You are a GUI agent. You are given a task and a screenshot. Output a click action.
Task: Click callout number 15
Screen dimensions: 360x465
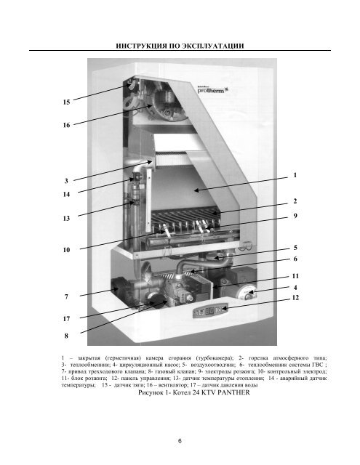coord(66,102)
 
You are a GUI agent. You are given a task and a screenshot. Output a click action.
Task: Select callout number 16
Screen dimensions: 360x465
coord(66,125)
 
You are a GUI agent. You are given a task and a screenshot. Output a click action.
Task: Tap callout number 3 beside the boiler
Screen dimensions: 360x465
coord(66,181)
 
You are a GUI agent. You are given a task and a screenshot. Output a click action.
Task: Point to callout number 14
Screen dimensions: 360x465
coord(66,195)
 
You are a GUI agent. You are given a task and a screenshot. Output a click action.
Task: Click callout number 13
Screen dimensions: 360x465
coord(66,218)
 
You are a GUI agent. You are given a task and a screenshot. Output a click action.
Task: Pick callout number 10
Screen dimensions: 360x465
coord(66,250)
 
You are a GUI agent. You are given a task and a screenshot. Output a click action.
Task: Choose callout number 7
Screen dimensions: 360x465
coord(66,296)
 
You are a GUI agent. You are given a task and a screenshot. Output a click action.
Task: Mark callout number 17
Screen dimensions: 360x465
coord(66,319)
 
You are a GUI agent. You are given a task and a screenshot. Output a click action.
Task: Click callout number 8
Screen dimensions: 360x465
coord(66,336)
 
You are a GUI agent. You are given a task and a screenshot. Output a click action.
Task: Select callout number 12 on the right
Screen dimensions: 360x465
coord(295,297)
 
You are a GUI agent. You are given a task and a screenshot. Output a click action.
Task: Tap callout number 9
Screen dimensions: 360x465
coord(295,216)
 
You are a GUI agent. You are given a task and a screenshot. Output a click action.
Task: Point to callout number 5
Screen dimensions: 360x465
coord(295,248)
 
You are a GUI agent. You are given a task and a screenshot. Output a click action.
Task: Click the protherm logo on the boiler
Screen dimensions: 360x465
coord(212,90)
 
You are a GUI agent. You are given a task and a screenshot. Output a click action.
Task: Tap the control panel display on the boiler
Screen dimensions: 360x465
coord(210,311)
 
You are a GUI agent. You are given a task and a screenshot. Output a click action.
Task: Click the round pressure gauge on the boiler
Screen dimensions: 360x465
coord(249,292)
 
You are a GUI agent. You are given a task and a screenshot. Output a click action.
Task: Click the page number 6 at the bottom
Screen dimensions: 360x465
coord(180,441)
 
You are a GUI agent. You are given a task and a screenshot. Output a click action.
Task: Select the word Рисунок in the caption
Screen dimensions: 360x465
coord(150,392)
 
